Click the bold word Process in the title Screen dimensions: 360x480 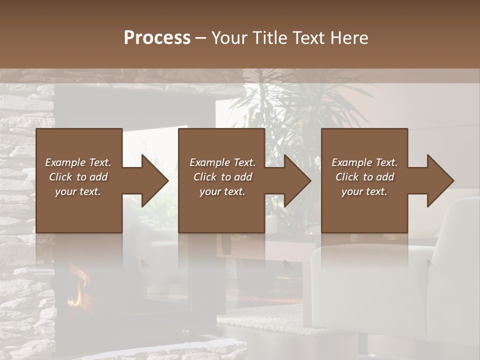pyautogui.click(x=157, y=38)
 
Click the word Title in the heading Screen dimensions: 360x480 pyautogui.click(x=268, y=38)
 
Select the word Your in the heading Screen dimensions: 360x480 pyautogui.click(x=229, y=38)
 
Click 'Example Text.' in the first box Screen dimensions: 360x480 pyautogui.click(x=78, y=162)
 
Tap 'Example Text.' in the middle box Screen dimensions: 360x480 pyautogui.click(x=222, y=162)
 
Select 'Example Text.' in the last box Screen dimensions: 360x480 pyautogui.click(x=364, y=162)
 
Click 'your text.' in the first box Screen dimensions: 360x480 pyautogui.click(x=78, y=191)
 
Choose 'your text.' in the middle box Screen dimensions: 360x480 pyautogui.click(x=222, y=191)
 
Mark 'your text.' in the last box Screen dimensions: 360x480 pyautogui.click(x=364, y=191)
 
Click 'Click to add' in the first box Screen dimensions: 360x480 pyautogui.click(x=78, y=177)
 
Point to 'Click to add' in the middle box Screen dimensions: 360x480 pyautogui.click(x=222, y=177)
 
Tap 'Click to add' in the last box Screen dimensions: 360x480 pyautogui.click(x=364, y=177)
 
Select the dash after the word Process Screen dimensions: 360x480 pyautogui.click(x=201, y=38)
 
